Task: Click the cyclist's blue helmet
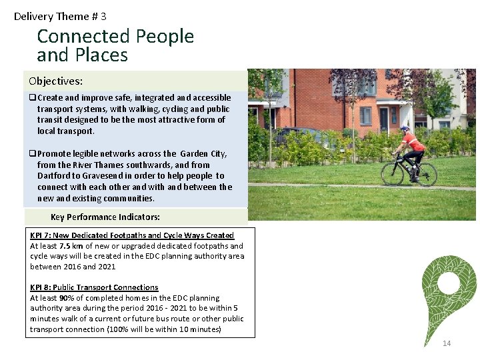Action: [x=405, y=129]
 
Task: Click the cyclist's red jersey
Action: [x=413, y=143]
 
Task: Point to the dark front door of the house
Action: [x=384, y=119]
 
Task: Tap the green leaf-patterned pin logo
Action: [x=449, y=294]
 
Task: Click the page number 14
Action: [x=447, y=343]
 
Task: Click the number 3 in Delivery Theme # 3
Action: [x=103, y=16]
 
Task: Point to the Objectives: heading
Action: [x=56, y=81]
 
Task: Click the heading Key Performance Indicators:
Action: [x=105, y=217]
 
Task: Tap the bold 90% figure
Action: [x=67, y=298]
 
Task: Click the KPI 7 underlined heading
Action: [x=132, y=235]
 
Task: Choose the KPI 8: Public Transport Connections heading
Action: [x=94, y=287]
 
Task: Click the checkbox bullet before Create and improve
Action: [x=32, y=98]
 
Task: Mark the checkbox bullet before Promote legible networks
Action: [x=32, y=154]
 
